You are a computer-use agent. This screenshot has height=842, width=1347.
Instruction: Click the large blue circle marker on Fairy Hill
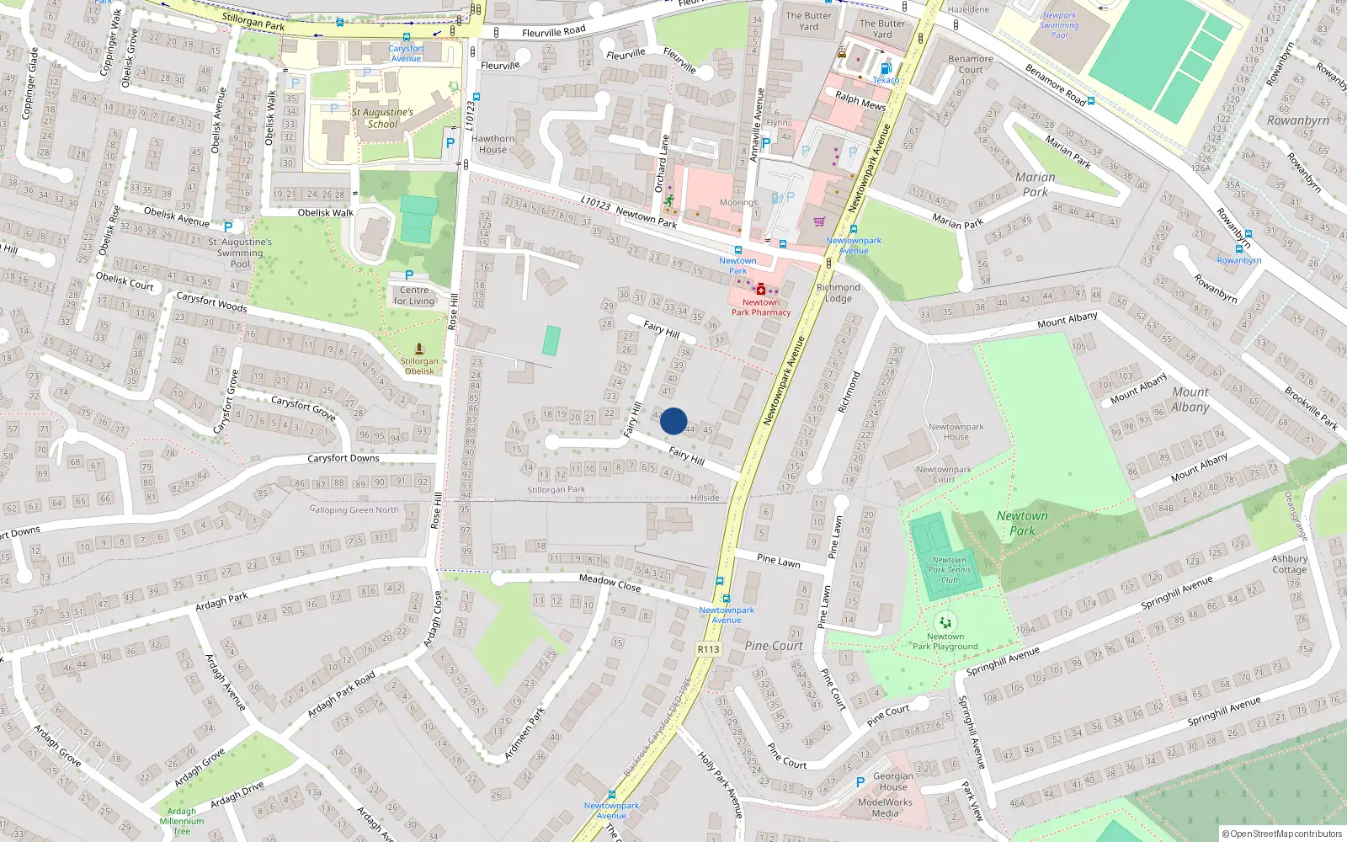[x=673, y=421]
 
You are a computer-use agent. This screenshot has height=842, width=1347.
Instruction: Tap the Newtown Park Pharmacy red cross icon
[x=761, y=290]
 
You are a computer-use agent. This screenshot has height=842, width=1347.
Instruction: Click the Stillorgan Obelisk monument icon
[x=419, y=349]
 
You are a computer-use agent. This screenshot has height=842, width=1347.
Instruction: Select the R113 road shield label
[x=709, y=649]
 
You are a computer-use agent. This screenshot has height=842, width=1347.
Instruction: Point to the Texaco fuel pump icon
[x=885, y=69]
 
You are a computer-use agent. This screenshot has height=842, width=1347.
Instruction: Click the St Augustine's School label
[x=382, y=118]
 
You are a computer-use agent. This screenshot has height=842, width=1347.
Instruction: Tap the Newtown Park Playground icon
[x=945, y=623]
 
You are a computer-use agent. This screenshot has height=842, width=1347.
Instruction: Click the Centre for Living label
[x=414, y=296]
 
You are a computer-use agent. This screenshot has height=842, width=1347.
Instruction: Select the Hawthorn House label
[x=492, y=144]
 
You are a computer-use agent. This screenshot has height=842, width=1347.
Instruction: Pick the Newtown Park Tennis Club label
[x=950, y=570]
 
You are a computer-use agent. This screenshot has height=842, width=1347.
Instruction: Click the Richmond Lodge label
[x=839, y=293]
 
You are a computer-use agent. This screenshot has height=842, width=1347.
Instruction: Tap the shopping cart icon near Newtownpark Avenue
[x=819, y=221]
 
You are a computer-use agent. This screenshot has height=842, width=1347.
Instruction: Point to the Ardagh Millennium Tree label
[x=182, y=821]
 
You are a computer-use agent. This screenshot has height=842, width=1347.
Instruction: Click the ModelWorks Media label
[x=885, y=807]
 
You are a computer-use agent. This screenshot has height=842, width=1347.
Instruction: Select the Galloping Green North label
[x=354, y=509]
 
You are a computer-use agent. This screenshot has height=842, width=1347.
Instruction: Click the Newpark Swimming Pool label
[x=1059, y=25]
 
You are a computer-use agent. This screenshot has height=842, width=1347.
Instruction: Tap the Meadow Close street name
[x=610, y=583]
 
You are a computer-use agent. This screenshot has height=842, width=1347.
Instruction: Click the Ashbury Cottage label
[x=1289, y=564]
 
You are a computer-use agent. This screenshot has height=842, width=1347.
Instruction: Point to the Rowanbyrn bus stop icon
[x=1238, y=249]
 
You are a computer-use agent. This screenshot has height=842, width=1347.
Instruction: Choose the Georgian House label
[x=893, y=781]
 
